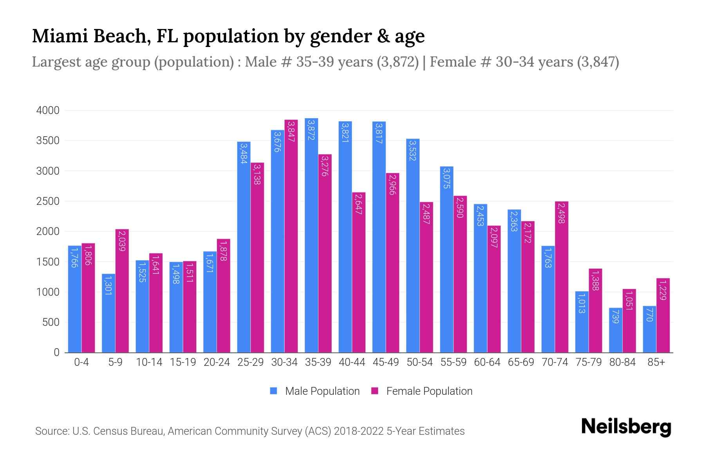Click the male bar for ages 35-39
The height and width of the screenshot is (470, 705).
(x=311, y=235)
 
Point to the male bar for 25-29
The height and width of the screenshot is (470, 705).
(x=244, y=247)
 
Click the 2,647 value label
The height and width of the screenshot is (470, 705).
(x=358, y=204)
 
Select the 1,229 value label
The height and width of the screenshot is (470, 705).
(x=663, y=290)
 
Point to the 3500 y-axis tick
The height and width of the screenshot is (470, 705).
(x=48, y=141)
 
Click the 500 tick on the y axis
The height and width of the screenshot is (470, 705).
(x=51, y=322)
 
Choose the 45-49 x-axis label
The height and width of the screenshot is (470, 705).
(x=385, y=362)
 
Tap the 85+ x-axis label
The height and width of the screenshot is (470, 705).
(x=656, y=362)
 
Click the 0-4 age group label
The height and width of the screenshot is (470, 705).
(x=81, y=362)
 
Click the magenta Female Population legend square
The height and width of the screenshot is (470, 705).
(x=375, y=391)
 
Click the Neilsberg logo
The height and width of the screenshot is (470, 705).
(x=626, y=427)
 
